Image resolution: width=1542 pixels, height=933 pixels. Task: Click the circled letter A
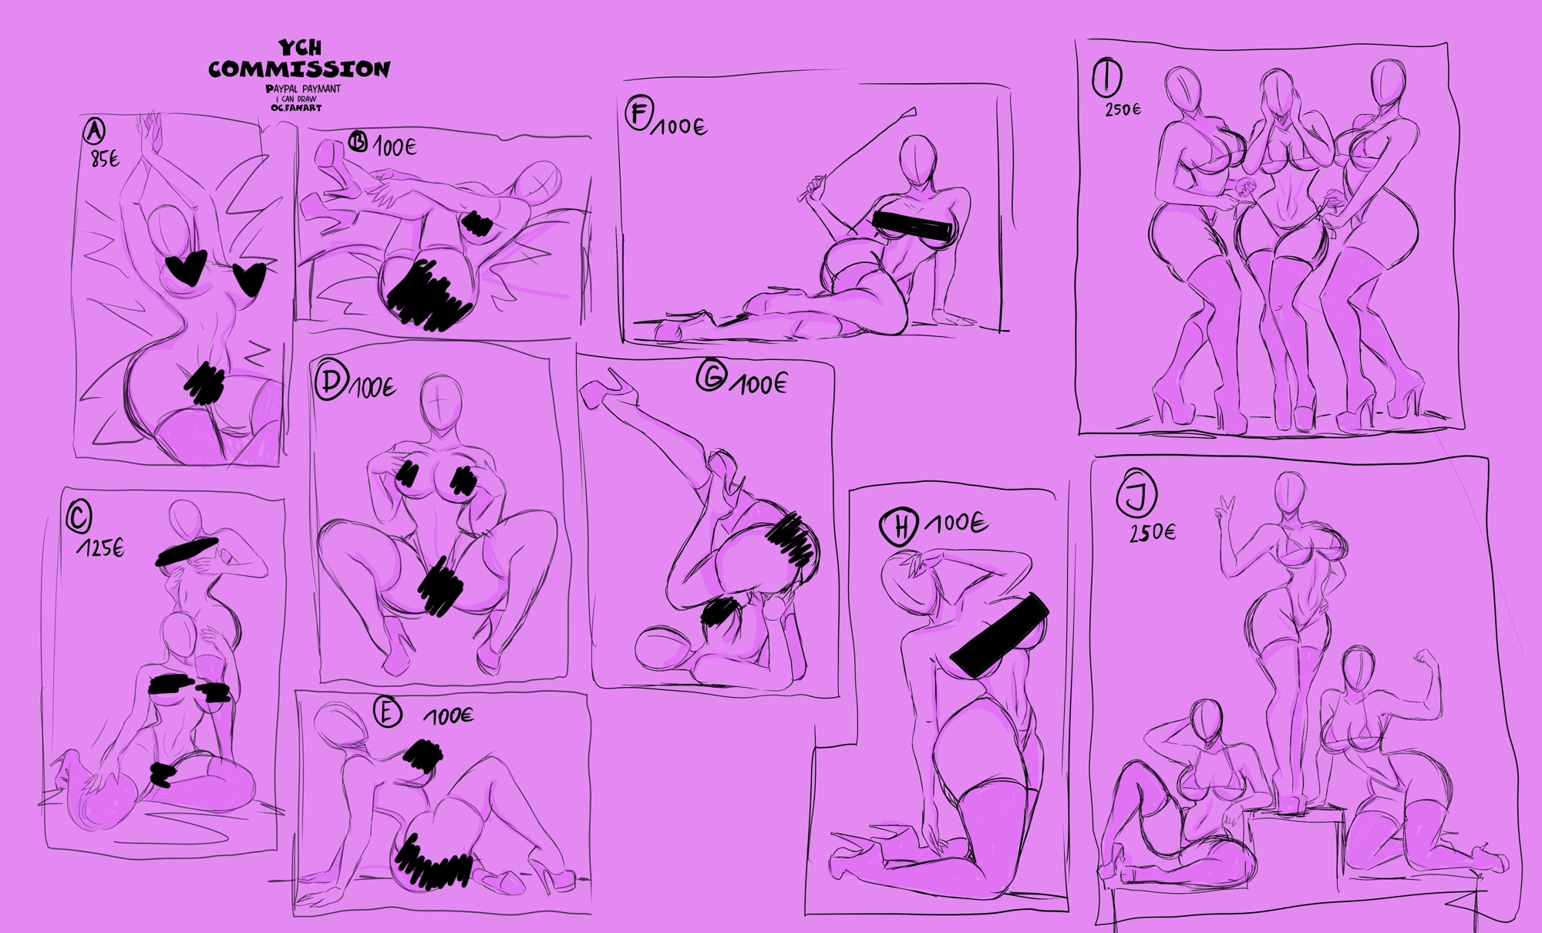93,133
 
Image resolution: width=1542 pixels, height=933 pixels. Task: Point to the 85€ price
105,161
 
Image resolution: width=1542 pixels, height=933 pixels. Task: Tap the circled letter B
358,143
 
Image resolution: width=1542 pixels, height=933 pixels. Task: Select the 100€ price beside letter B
395,147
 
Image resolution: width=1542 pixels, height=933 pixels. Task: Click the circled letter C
79,518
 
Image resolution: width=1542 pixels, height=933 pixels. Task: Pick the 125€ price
99,548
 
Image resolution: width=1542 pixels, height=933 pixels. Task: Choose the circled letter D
332,383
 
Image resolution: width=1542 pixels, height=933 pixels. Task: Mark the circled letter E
386,713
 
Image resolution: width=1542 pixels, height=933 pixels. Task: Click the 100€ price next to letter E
448,716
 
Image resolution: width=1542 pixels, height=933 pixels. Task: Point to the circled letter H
898,527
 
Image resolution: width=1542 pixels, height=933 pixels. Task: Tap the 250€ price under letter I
1123,109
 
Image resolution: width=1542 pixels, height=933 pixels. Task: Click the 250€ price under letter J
1152,533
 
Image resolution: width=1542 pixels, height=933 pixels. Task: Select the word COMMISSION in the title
299,69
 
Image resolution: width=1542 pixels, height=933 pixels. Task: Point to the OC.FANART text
297,108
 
